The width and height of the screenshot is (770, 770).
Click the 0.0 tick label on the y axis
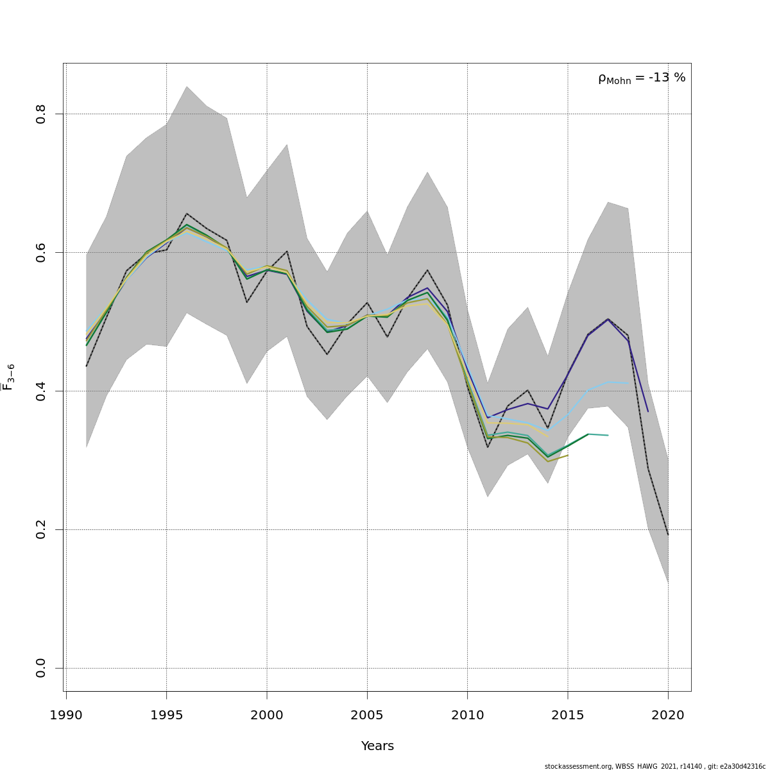[x=41, y=668]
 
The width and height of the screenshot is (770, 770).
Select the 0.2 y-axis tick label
[x=41, y=529]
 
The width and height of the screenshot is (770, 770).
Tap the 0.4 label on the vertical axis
[x=41, y=391]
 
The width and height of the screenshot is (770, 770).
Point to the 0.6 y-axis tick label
[x=41, y=252]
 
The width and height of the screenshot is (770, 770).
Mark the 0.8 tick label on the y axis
[x=41, y=114]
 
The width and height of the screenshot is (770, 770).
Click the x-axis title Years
[x=377, y=746]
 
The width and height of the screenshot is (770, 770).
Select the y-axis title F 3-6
[x=8, y=377]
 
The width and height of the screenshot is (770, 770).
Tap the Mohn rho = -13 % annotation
[x=642, y=78]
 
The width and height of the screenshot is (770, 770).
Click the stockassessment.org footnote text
[x=654, y=766]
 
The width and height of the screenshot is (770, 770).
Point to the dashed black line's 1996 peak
[x=187, y=214]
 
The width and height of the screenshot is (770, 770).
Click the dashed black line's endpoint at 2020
[x=668, y=535]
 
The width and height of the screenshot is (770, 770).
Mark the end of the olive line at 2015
[x=568, y=455]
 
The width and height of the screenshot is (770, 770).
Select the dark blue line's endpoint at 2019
[x=648, y=411]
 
